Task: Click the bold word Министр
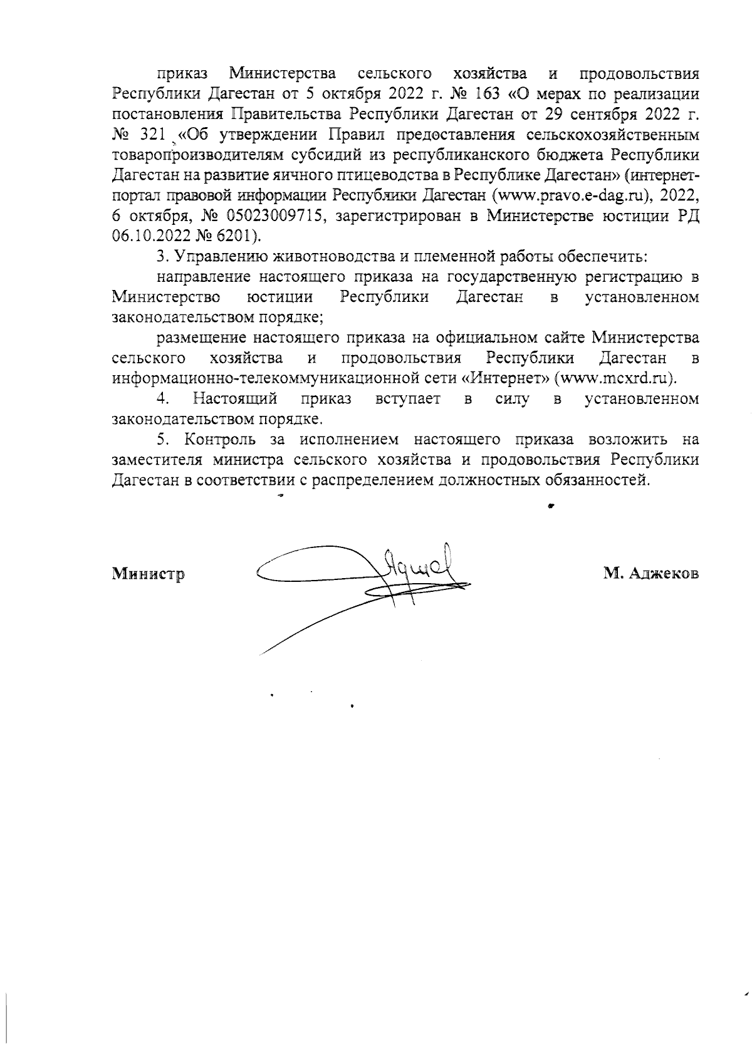pyautogui.click(x=148, y=574)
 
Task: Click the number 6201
pyautogui.click(x=230, y=236)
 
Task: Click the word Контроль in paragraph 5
pyautogui.click(x=218, y=440)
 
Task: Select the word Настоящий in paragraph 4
pyautogui.click(x=235, y=398)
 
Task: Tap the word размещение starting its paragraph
pyautogui.click(x=199, y=338)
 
